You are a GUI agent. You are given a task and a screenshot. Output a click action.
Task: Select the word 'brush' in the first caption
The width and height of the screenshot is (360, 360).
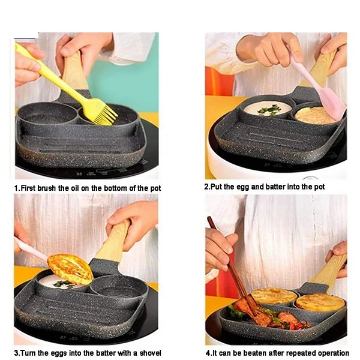46,188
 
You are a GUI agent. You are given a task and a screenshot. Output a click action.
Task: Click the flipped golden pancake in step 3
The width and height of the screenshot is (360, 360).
70,269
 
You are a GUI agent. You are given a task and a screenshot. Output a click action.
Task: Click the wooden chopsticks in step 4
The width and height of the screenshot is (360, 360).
232,266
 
